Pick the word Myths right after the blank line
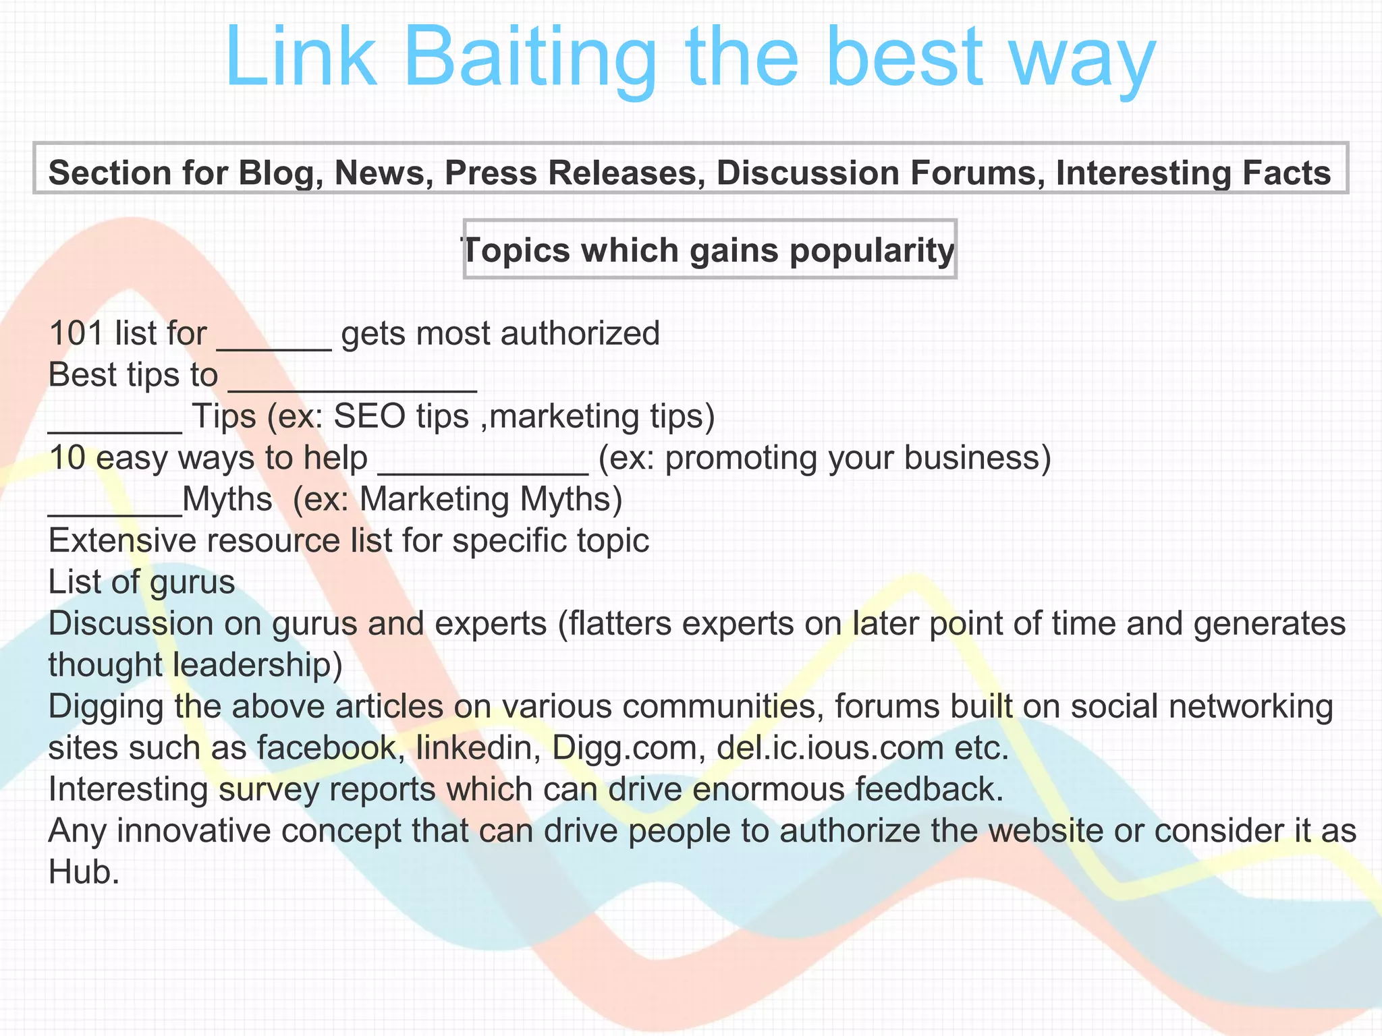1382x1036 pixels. (227, 500)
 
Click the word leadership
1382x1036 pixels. (257, 665)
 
